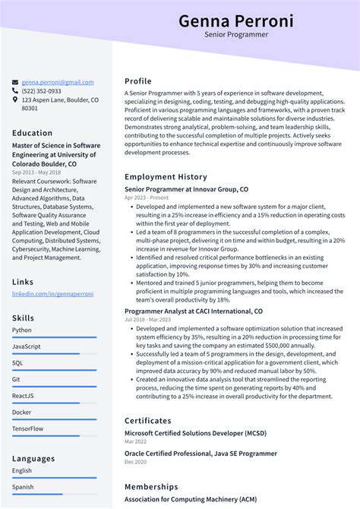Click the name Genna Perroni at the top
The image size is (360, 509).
click(x=235, y=21)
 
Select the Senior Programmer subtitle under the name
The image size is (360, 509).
click(x=235, y=35)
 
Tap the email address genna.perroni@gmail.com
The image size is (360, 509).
click(x=58, y=82)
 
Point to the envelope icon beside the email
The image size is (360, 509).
click(x=15, y=82)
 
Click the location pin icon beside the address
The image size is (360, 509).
click(x=15, y=100)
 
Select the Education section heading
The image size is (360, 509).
click(x=33, y=133)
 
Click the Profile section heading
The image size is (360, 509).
click(x=138, y=81)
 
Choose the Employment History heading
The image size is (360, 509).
click(x=166, y=177)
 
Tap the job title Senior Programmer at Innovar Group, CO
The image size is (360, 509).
click(x=186, y=188)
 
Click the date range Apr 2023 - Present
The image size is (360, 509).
click(x=147, y=198)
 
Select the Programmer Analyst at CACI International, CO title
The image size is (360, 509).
click(x=194, y=311)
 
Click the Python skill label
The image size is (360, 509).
click(x=22, y=330)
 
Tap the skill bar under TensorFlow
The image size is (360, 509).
click(x=54, y=435)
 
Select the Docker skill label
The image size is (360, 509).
click(x=23, y=412)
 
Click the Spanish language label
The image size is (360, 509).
click(x=24, y=487)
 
